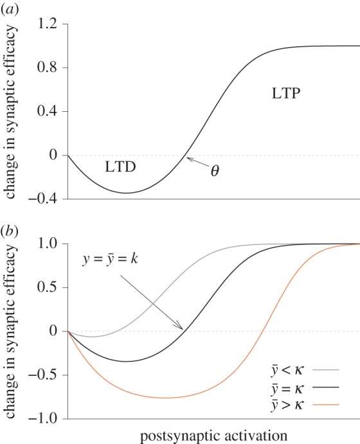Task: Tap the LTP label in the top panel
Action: pos(283,93)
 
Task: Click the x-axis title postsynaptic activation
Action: pos(213,435)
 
